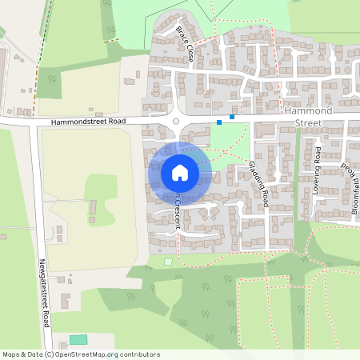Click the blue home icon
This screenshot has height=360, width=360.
pos(180,172)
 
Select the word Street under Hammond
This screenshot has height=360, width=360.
pos(308,124)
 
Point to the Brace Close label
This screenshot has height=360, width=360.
pos(185,44)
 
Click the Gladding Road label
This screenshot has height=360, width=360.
pos(258,186)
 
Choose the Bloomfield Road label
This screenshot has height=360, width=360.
pos(353,188)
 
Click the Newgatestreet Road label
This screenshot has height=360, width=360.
pos(44,292)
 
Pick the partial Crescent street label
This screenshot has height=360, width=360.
pos(175,210)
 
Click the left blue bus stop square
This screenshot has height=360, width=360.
pos(219,122)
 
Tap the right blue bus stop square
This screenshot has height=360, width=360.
pos(232,117)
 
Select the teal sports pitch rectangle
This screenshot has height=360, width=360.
pos(78,339)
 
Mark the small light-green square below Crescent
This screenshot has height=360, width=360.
pos(168,262)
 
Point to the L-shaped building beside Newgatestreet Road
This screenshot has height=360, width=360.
pos(65,301)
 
